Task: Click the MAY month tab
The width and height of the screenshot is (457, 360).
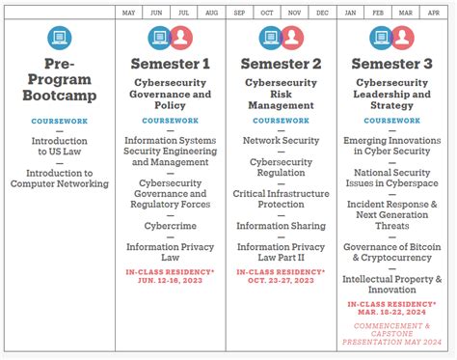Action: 129,13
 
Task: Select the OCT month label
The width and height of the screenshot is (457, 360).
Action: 267,13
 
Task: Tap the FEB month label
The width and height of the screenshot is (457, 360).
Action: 378,13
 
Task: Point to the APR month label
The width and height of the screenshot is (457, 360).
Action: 433,13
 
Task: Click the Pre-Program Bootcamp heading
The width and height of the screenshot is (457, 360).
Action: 60,83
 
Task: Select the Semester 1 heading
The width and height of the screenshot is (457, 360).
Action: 171,65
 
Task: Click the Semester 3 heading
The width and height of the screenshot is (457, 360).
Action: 391,65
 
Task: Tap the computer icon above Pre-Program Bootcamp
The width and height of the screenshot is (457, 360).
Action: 60,38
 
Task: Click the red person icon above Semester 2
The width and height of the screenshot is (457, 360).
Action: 292,38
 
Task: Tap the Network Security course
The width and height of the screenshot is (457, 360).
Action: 281,140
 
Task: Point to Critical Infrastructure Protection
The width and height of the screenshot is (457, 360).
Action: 281,198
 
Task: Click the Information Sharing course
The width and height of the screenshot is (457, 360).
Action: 281,226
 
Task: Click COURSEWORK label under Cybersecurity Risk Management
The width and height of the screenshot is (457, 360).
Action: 281,121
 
